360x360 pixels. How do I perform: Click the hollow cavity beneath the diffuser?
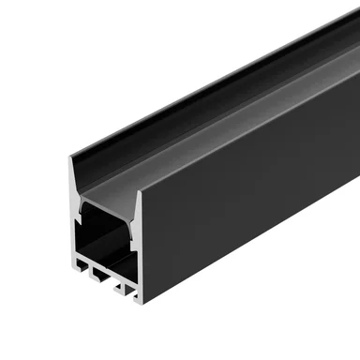point(103,239)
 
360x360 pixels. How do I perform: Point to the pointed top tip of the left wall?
point(70,159)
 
